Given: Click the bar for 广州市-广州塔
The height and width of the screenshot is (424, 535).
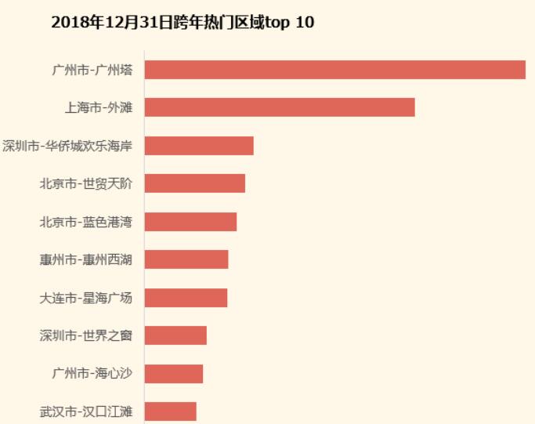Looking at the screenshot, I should tap(334, 70).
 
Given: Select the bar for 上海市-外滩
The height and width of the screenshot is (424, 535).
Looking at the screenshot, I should tap(280, 107).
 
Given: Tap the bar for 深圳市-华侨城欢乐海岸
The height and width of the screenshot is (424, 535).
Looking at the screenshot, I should tap(199, 146).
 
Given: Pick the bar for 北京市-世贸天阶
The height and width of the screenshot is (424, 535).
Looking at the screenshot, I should tap(195, 183).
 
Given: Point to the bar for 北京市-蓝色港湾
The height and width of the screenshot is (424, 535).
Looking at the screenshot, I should tap(190, 222).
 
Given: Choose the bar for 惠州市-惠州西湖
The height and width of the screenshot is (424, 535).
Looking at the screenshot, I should tap(186, 259).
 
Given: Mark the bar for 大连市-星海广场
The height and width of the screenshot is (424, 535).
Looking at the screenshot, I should tap(186, 298).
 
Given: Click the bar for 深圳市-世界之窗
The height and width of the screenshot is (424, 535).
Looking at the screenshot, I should tap(175, 335).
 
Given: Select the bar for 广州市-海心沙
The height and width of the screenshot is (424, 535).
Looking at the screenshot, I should tap(174, 373).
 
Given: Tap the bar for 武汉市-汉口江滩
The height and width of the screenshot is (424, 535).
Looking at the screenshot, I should tap(170, 411).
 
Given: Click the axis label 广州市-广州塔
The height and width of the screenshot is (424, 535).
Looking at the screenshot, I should tap(92, 70).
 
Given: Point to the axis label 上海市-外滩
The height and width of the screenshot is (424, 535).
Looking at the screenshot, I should tap(99, 107).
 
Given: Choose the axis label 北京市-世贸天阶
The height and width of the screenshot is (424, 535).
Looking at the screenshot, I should tap(86, 183).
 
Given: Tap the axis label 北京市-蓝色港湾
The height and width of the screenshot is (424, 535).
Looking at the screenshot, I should tap(86, 222).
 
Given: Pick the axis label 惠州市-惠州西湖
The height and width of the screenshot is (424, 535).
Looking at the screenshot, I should tap(86, 259).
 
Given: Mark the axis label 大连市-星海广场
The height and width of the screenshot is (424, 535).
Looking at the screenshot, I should tap(86, 298).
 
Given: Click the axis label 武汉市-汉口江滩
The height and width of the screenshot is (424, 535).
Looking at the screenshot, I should tap(86, 411).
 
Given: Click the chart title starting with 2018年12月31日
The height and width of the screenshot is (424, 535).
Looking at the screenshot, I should tap(183, 22).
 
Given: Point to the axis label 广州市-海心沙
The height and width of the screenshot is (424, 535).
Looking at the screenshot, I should tap(92, 373).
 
